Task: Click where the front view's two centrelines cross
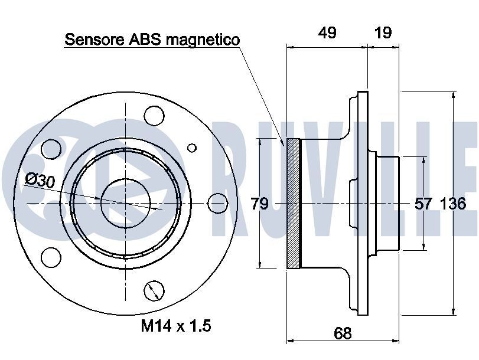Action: [126, 203]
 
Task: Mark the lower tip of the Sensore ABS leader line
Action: [284, 146]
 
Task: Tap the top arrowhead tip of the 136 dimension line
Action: [454, 91]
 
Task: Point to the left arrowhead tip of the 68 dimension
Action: [287, 340]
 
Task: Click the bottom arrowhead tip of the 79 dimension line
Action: [260, 268]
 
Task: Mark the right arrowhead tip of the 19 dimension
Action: [399, 47]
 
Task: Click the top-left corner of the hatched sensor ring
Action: [287, 138]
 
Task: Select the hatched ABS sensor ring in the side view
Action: [294, 204]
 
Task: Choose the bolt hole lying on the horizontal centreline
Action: [218, 203]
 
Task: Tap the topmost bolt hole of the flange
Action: [154, 116]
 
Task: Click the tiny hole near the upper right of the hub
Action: [192, 148]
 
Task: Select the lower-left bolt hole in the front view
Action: [51, 257]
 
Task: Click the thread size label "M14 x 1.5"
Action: [176, 326]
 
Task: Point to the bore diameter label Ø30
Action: [40, 180]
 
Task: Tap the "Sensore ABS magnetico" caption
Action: [152, 40]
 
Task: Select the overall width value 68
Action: [343, 333]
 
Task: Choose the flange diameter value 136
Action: [453, 204]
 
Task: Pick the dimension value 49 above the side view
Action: [327, 32]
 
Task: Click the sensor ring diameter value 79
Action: [260, 204]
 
